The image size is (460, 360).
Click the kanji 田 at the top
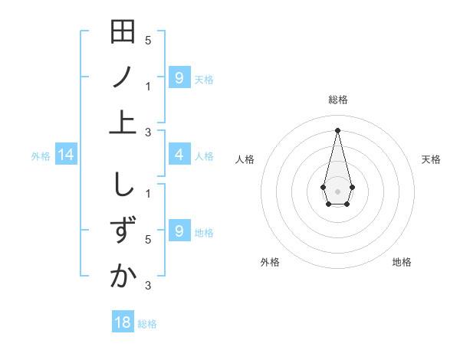point(123,34)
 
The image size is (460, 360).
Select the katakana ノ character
point(123,77)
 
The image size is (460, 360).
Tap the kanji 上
point(123,122)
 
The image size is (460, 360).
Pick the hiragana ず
point(123,231)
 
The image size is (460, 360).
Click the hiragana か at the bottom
point(123,275)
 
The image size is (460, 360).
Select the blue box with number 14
point(65,155)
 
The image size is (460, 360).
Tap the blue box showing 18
point(123,322)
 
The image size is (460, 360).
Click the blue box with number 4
point(179,155)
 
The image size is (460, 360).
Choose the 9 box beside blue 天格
point(179,77)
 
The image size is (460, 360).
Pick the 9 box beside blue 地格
point(179,231)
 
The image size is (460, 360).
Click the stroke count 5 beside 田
point(148,40)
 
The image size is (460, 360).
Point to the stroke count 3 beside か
point(148,286)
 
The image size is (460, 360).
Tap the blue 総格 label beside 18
point(147,324)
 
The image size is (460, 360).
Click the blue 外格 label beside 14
point(41,156)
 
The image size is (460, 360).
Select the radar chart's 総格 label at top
point(338,100)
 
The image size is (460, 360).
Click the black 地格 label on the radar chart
point(402,262)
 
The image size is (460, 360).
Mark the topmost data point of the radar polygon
point(338,129)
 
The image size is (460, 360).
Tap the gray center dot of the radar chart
point(338,191)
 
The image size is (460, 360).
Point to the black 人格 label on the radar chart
point(245,159)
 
